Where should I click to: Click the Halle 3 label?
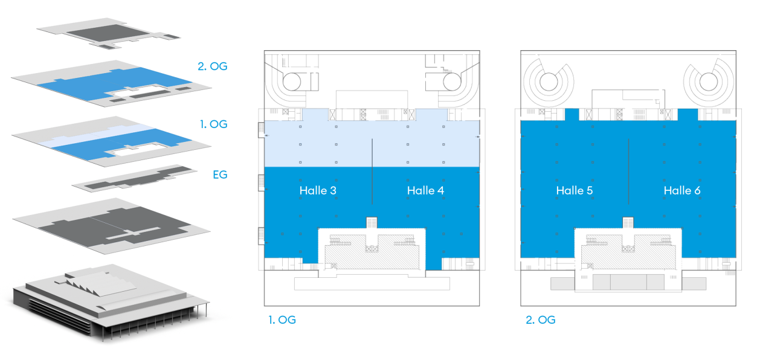[317, 190]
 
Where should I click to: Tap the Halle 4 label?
[425, 190]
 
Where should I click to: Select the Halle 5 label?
[575, 190]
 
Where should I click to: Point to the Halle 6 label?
[682, 190]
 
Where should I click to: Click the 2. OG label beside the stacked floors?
[213, 66]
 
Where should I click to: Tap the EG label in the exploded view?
[219, 175]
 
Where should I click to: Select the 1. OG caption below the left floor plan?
[282, 320]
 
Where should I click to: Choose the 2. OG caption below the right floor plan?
[540, 320]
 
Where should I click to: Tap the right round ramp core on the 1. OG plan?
[451, 80]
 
